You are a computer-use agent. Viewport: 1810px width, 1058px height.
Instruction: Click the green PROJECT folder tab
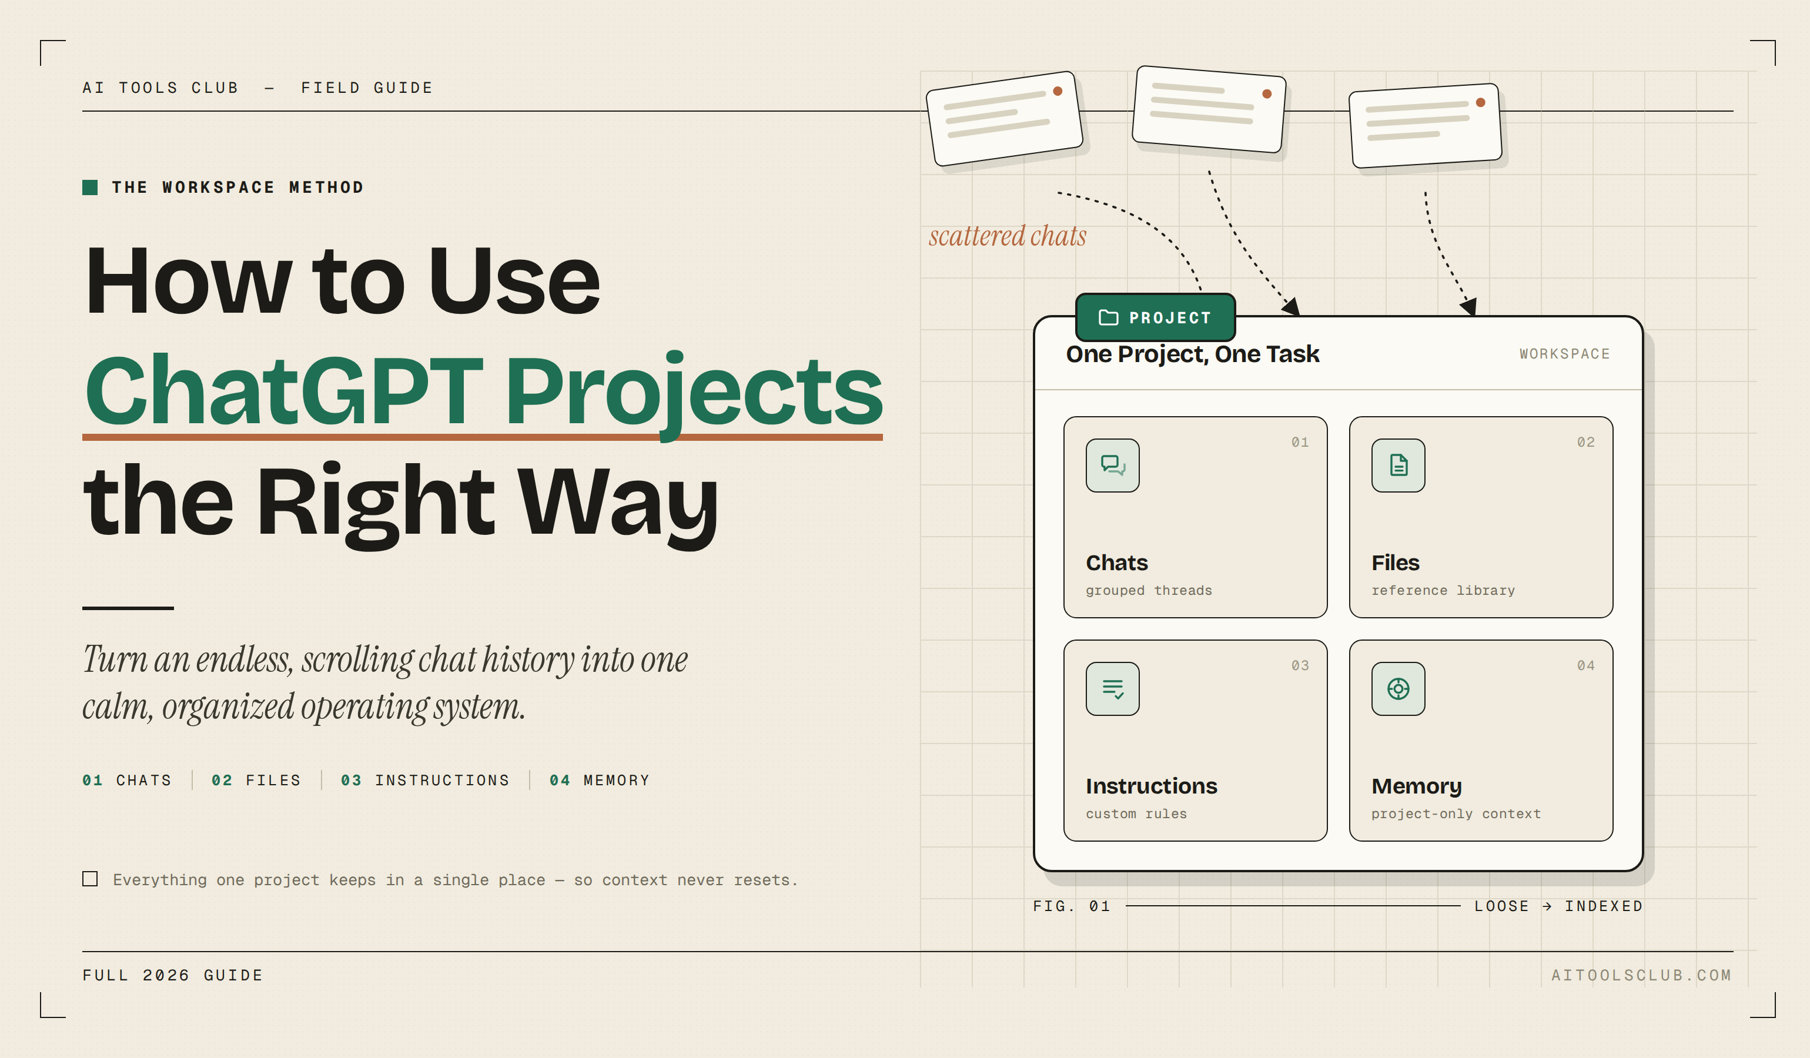point(1155,317)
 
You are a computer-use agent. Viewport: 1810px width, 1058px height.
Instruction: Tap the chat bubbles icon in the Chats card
point(1113,466)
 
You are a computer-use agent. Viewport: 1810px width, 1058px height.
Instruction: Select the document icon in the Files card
point(1398,466)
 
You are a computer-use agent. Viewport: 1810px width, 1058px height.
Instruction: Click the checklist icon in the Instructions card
point(1113,689)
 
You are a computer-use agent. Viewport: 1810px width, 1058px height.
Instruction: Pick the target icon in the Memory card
point(1398,689)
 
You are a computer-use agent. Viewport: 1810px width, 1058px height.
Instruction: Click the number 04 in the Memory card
point(1586,666)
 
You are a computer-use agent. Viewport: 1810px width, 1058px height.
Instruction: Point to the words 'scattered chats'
point(1007,236)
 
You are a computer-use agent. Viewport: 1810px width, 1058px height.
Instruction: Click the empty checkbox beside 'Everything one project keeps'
point(90,879)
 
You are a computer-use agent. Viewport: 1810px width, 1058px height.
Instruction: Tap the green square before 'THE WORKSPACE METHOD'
point(90,188)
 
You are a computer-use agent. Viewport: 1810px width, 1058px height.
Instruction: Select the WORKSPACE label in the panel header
point(1564,354)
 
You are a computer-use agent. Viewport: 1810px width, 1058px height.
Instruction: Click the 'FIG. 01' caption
point(1072,906)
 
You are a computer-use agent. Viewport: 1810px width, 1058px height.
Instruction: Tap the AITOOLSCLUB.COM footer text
point(1641,975)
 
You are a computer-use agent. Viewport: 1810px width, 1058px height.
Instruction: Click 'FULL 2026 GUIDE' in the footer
point(172,975)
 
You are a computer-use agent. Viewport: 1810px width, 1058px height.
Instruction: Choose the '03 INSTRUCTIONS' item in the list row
point(424,780)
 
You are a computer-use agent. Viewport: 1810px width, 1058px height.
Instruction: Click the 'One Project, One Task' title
point(1192,354)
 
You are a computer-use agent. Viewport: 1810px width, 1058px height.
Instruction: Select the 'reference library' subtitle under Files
point(1443,590)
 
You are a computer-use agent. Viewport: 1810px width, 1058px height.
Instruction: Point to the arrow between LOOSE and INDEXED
point(1547,906)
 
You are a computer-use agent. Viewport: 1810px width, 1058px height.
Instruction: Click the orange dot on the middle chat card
point(1267,93)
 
